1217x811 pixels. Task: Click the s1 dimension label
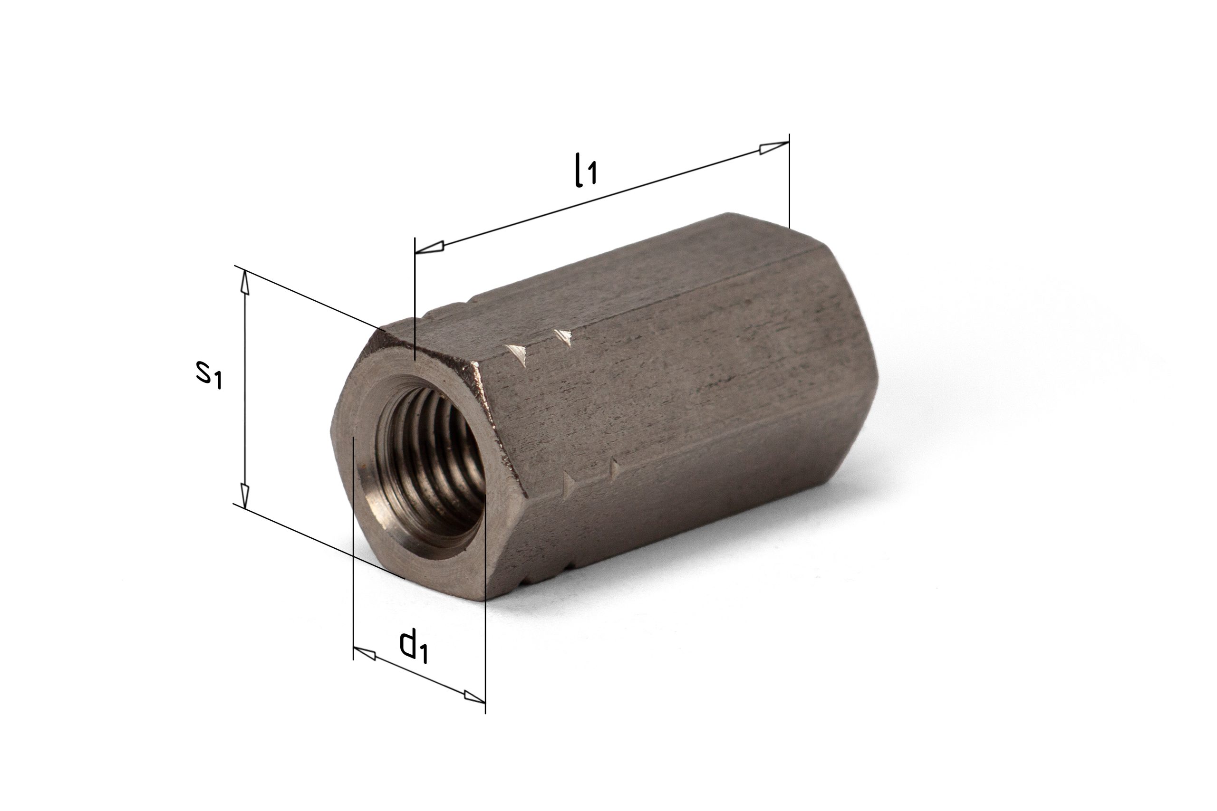point(209,374)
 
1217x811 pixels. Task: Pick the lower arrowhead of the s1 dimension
point(245,496)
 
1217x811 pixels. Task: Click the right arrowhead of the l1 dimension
point(774,147)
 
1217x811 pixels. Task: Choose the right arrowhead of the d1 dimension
point(474,697)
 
